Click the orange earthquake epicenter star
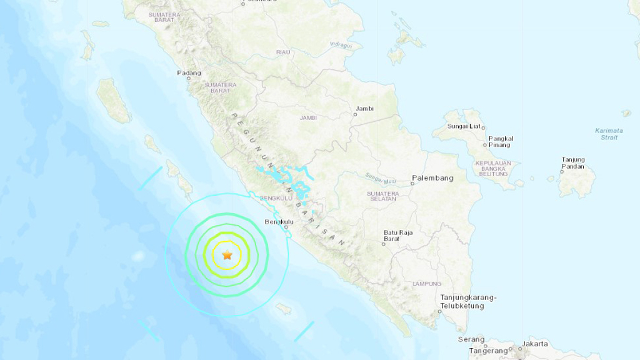point(227,255)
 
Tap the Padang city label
point(189,73)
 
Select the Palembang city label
point(432,178)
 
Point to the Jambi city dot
point(356,114)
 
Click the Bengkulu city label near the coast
point(279,222)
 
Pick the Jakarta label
point(536,344)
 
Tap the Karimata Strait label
point(609,134)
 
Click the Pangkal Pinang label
point(500,142)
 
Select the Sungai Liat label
point(464,127)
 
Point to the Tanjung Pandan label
point(573,163)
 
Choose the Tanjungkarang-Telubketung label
point(468,301)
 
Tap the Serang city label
point(471,339)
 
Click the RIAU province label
point(284,52)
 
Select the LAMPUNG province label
point(426,284)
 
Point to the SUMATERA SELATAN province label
point(382,196)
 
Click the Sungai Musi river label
point(382,180)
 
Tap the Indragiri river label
point(341,46)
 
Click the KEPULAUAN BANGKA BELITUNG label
point(493,168)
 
